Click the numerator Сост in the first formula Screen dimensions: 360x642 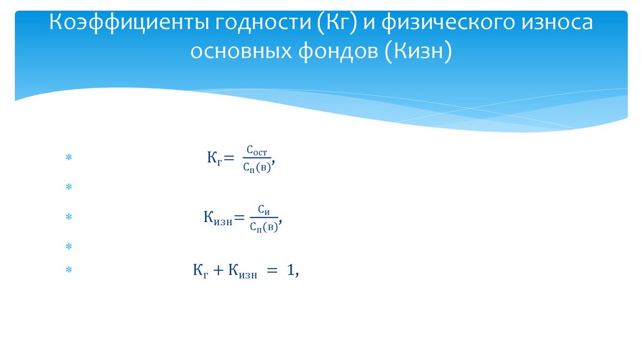pyautogui.click(x=256, y=151)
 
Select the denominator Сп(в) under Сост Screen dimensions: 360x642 pyautogui.click(x=256, y=167)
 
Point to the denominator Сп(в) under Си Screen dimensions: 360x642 pyautogui.click(x=263, y=227)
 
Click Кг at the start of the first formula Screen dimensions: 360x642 pyautogui.click(x=212, y=159)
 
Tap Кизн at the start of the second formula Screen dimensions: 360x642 pyautogui.click(x=217, y=219)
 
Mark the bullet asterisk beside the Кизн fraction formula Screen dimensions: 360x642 pyautogui.click(x=69, y=218)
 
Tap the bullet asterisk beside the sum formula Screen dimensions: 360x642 pyautogui.click(x=69, y=270)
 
